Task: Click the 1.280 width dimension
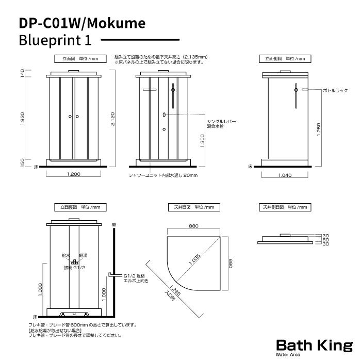74,174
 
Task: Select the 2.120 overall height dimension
112,119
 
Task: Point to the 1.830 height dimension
22,119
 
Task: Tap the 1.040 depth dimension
285,175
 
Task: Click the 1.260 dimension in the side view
319,129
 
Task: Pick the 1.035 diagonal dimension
194,259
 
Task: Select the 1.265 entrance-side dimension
175,290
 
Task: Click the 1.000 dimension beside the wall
104,294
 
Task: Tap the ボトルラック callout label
335,90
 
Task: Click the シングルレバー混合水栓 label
221,124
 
